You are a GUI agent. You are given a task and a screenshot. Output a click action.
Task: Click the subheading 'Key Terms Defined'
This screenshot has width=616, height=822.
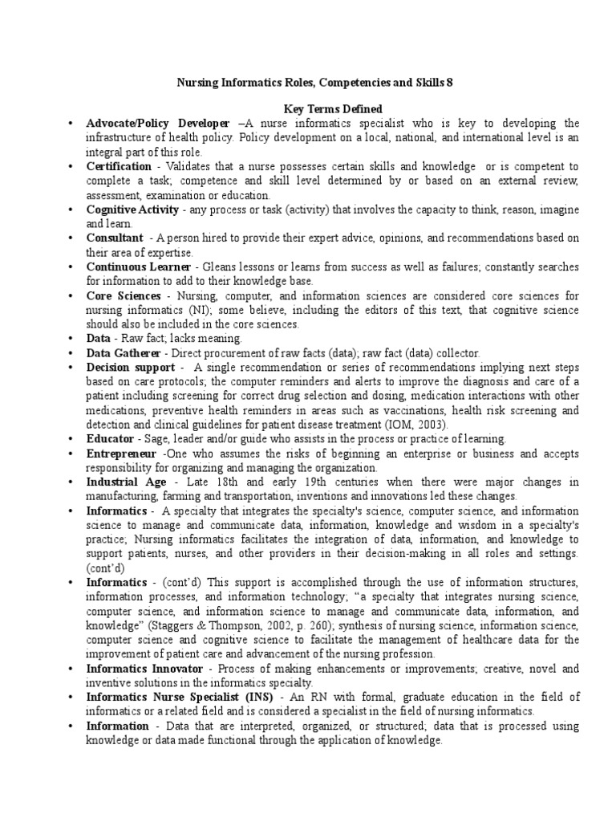pyautogui.click(x=323, y=108)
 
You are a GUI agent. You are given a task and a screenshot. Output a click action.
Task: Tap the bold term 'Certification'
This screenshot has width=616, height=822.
pyautogui.click(x=118, y=166)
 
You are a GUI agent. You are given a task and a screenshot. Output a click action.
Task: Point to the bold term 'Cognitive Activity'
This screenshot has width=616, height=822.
pyautogui.click(x=133, y=210)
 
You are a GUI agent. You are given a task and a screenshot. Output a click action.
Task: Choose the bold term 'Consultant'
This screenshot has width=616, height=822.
pyautogui.click(x=115, y=238)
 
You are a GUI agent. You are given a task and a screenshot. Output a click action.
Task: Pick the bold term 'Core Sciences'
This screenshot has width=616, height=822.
pyautogui.click(x=122, y=295)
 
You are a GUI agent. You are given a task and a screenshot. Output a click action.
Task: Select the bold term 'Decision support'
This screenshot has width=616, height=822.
pyautogui.click(x=132, y=367)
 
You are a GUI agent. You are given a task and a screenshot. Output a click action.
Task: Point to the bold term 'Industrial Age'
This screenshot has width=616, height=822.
pyautogui.click(x=127, y=482)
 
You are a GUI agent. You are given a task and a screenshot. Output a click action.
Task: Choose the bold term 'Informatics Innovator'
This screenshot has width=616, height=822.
pyautogui.click(x=146, y=669)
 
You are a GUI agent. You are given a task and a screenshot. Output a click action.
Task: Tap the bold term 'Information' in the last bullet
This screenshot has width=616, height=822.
pyautogui.click(x=118, y=726)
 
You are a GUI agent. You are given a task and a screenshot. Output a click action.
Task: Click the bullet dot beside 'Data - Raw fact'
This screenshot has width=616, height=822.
pyautogui.click(x=71, y=339)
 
